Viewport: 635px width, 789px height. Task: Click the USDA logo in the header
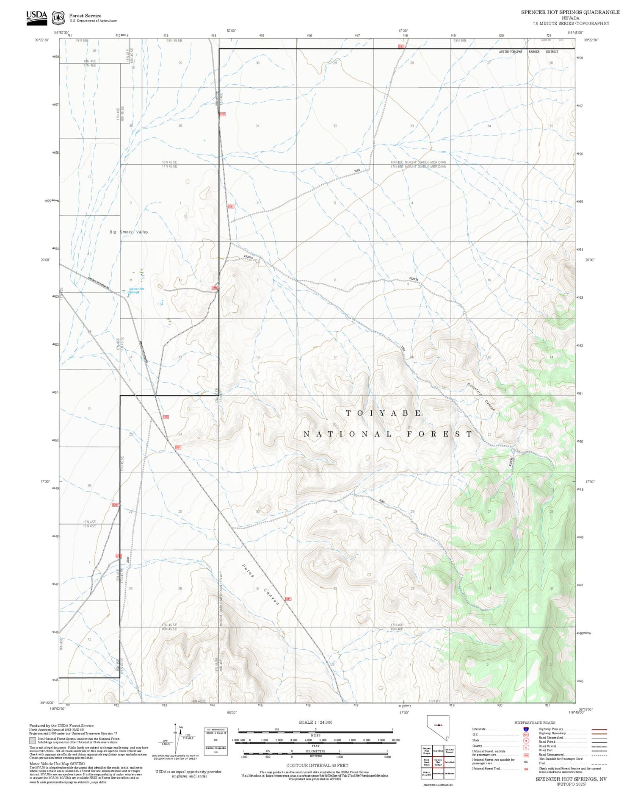point(36,17)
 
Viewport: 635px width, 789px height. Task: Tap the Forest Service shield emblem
point(58,18)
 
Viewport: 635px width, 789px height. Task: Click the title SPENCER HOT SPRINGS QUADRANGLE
point(570,12)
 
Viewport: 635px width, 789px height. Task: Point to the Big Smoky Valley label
point(129,232)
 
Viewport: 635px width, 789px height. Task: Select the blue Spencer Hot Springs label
point(136,290)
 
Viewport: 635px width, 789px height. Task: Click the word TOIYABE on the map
point(384,413)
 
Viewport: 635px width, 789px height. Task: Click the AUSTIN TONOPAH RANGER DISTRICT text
point(528,52)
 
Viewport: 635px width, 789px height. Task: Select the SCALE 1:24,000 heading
point(315,722)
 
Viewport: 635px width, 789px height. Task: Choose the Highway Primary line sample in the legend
point(598,730)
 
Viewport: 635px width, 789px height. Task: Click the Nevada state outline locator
point(437,728)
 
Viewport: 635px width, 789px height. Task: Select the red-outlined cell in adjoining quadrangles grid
point(438,761)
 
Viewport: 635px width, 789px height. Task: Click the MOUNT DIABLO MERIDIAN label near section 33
point(418,162)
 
